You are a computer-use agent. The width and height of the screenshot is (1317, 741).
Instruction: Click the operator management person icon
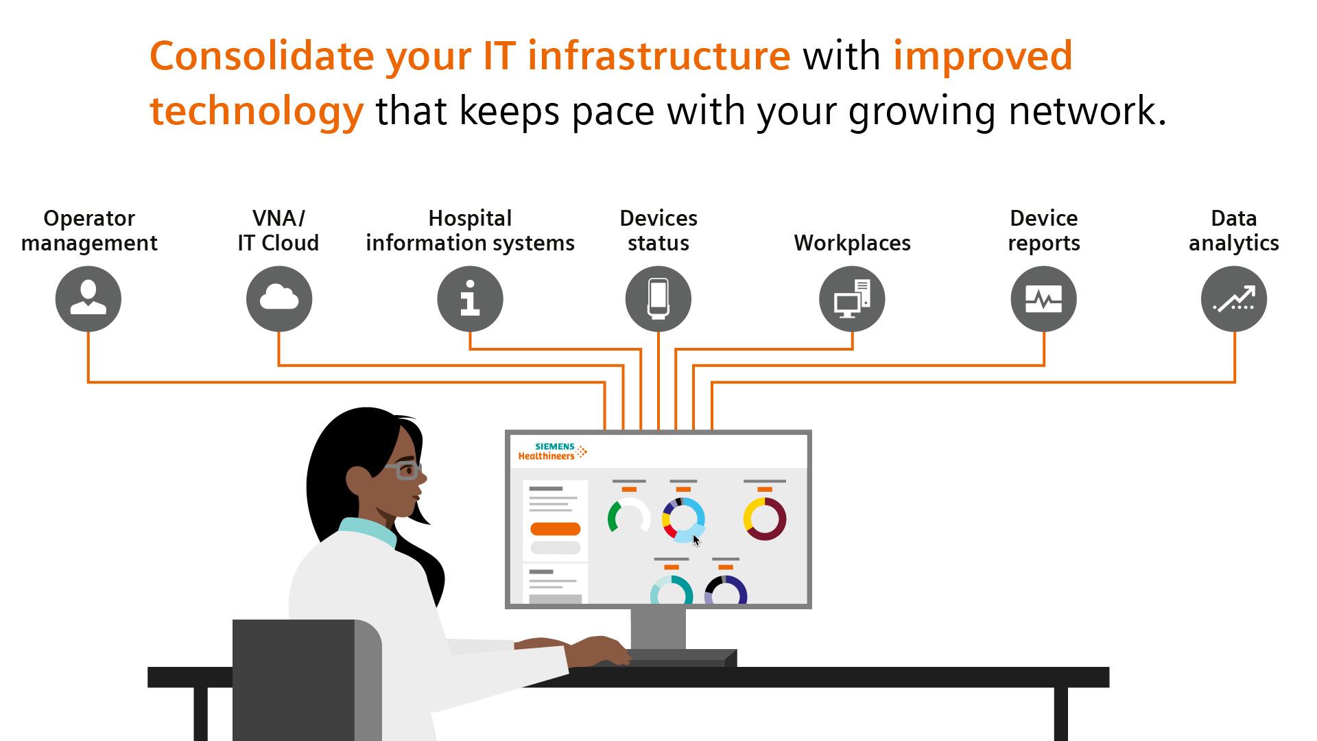pyautogui.click(x=88, y=299)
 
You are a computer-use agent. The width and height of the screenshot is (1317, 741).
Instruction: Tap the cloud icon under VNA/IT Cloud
pyautogui.click(x=279, y=299)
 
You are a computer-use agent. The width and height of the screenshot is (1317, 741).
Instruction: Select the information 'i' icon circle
pyautogui.click(x=470, y=299)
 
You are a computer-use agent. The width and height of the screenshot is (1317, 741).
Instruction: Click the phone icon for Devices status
pyautogui.click(x=658, y=299)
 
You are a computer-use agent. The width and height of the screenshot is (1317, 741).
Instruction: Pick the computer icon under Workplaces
pyautogui.click(x=852, y=299)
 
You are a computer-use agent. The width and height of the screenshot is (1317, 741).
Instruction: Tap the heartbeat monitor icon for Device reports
pyautogui.click(x=1043, y=299)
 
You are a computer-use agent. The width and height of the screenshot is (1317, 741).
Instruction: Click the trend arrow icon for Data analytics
pyautogui.click(x=1234, y=299)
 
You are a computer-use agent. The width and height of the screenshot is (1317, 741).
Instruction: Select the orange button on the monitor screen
pyautogui.click(x=556, y=529)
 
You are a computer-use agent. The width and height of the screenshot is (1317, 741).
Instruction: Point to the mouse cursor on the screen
pyautogui.click(x=696, y=541)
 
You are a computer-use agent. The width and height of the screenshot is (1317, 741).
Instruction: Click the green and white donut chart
pyautogui.click(x=628, y=518)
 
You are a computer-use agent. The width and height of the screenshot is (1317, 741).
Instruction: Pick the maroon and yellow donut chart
pyautogui.click(x=765, y=519)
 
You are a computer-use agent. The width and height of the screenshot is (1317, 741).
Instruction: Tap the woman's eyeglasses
pyautogui.click(x=405, y=471)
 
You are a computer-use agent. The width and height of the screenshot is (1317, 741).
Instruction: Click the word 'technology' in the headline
pyautogui.click(x=257, y=111)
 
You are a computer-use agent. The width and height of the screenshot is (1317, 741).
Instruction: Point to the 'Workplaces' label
pyautogui.click(x=852, y=243)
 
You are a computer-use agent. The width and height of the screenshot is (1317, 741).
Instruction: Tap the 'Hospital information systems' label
pyautogui.click(x=470, y=231)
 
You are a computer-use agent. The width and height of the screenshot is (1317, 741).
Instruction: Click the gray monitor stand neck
pyautogui.click(x=658, y=628)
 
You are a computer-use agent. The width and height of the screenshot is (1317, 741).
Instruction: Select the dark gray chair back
pyautogui.click(x=295, y=679)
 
